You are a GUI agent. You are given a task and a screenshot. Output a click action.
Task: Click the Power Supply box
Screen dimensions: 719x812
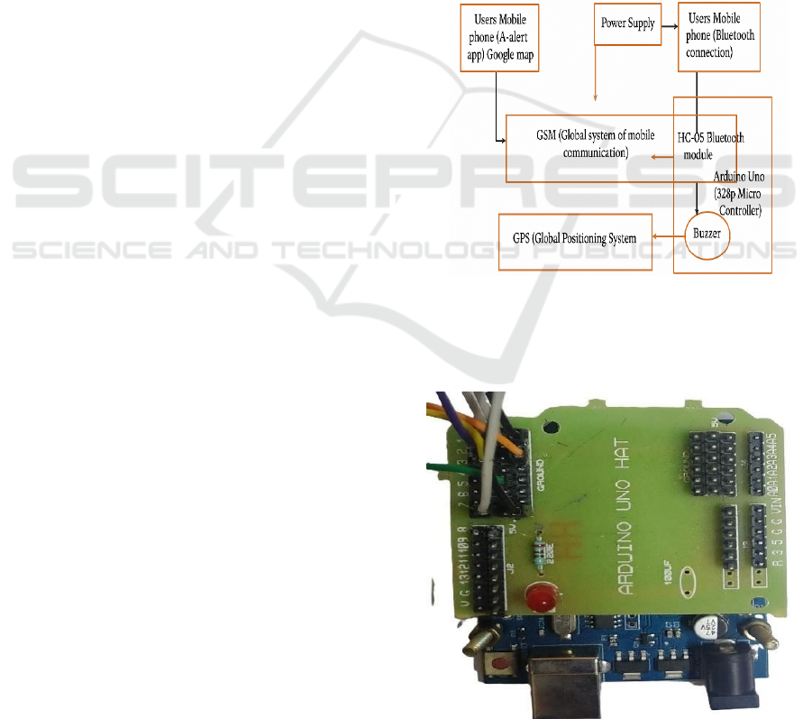[x=628, y=23]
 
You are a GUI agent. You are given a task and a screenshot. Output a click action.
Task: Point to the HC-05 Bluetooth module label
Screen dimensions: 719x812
[x=711, y=144]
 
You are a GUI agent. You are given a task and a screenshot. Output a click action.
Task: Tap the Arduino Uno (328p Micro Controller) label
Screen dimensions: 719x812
[x=737, y=190]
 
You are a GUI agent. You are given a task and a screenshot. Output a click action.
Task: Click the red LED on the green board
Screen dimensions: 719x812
[x=542, y=597]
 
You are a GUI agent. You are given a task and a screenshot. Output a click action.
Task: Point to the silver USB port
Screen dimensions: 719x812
[x=556, y=690]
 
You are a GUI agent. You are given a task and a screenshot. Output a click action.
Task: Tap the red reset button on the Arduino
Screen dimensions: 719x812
[x=498, y=665]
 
